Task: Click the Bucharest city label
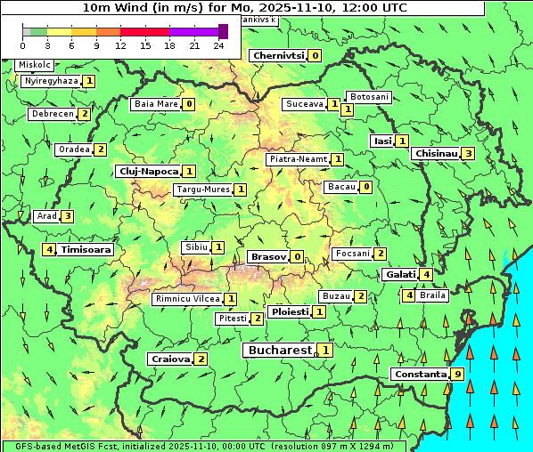(279, 351)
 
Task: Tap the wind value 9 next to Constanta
(457, 374)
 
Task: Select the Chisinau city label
(436, 153)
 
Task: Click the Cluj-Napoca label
(148, 171)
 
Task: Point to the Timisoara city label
(86, 250)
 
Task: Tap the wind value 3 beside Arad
(67, 216)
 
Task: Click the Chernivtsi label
(279, 55)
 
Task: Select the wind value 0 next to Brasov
(297, 257)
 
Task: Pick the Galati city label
(400, 275)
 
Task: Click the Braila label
(432, 295)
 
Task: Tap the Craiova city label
(171, 359)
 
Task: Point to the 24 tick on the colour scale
(218, 45)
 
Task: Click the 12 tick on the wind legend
(120, 45)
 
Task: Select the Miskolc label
(35, 65)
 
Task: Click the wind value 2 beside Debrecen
(84, 114)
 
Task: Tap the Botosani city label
(368, 96)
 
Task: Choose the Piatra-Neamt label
(299, 159)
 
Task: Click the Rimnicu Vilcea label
(186, 299)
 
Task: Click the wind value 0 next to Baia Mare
(189, 104)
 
